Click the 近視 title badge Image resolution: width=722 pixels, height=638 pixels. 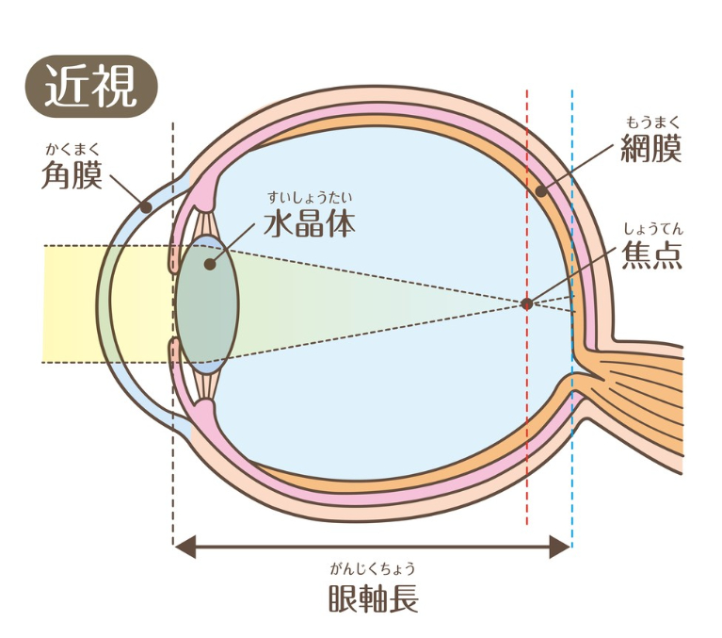(x=90, y=90)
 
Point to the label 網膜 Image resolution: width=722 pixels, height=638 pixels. (x=650, y=148)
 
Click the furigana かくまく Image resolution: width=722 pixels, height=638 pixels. (x=72, y=147)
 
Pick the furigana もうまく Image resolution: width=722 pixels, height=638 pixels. (x=650, y=122)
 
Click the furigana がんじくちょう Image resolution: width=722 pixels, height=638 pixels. (x=373, y=567)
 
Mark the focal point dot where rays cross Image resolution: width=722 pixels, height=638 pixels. (x=526, y=303)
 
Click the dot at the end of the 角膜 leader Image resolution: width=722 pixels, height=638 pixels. (x=146, y=204)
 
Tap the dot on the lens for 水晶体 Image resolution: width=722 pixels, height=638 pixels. (x=209, y=263)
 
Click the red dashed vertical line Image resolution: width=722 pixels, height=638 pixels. (x=527, y=424)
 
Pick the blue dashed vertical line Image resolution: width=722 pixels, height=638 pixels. (x=572, y=452)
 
